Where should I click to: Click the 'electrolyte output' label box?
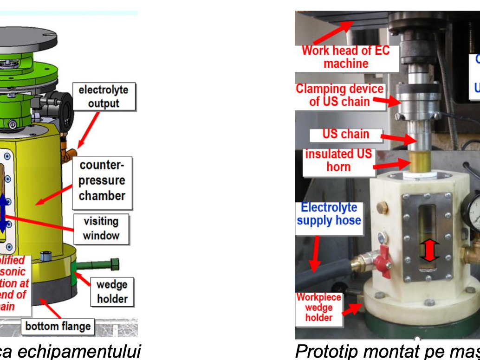click(x=104, y=96)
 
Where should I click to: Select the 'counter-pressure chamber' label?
click(x=102, y=180)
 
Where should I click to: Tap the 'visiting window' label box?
click(x=101, y=228)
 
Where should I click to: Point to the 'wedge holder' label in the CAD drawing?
click(x=112, y=291)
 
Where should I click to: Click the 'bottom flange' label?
click(x=58, y=326)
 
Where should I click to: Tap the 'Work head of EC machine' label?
click(x=346, y=57)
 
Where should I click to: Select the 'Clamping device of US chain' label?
click(x=339, y=95)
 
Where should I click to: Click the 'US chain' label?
click(x=346, y=135)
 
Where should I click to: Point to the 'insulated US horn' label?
click(x=338, y=161)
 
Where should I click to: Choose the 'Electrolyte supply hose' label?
click(x=329, y=214)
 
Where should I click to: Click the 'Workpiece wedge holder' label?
click(x=319, y=308)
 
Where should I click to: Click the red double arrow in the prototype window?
click(x=429, y=251)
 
